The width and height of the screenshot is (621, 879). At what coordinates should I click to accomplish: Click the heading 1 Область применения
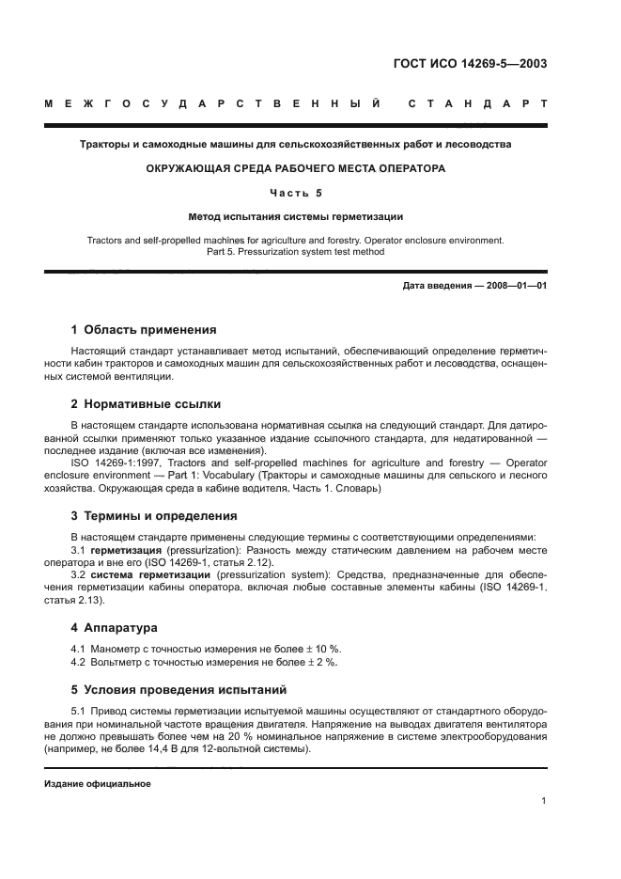(x=144, y=330)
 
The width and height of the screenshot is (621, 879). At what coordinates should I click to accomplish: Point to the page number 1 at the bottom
(x=544, y=801)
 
